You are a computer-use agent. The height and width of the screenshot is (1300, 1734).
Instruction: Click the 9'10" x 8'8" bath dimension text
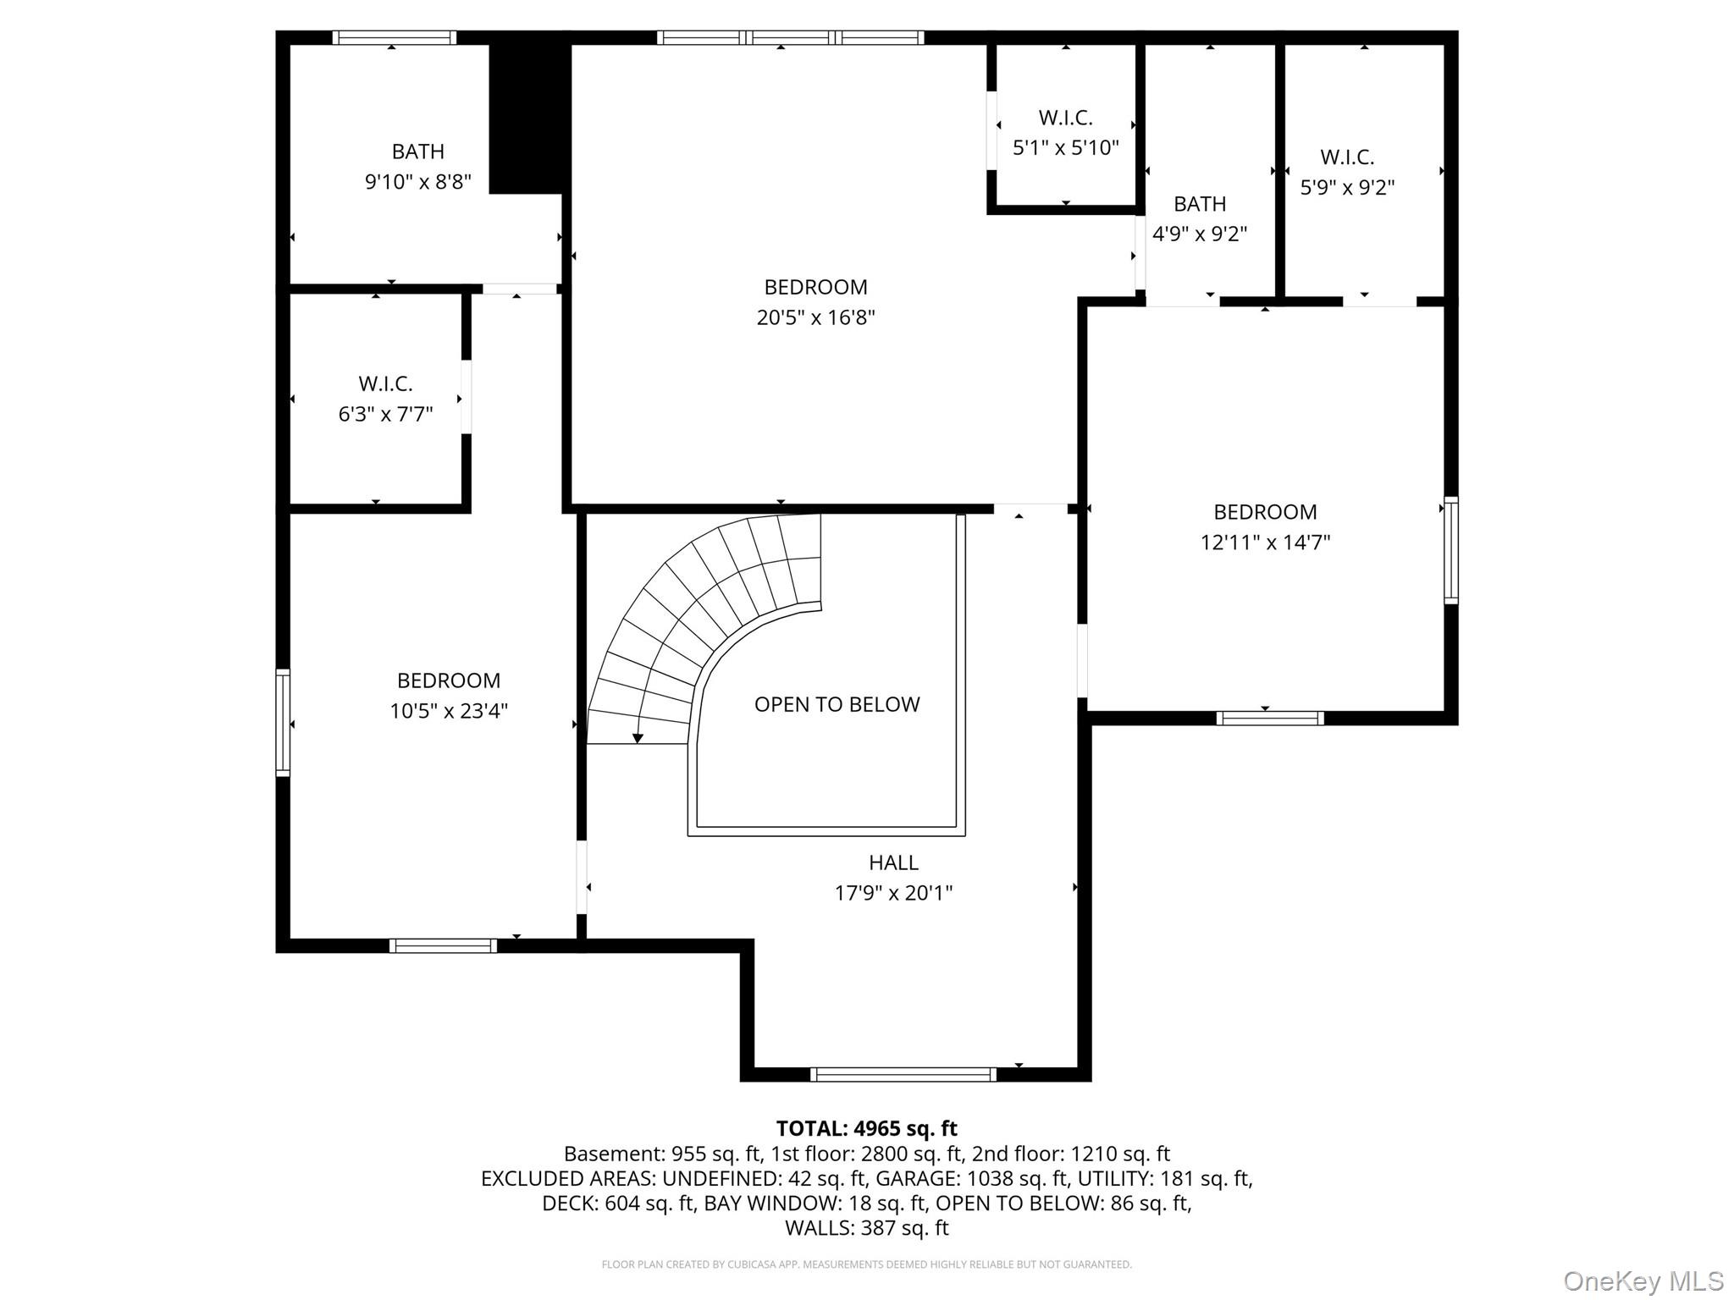(417, 182)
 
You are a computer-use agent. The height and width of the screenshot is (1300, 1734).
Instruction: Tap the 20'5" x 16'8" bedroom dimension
(815, 317)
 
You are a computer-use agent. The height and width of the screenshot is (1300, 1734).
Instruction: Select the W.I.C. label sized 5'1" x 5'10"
(1065, 118)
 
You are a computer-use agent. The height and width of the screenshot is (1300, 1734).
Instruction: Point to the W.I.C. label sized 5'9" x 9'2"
(1347, 157)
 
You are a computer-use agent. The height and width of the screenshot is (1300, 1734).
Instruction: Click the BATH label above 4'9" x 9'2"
(1200, 204)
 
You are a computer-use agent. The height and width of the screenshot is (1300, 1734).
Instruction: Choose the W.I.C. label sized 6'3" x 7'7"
(385, 384)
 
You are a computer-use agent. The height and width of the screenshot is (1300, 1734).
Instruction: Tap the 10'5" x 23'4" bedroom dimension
(449, 711)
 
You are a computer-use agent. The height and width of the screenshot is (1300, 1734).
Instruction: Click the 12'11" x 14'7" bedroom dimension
(1265, 543)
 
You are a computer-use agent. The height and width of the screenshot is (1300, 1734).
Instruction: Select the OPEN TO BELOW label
(837, 704)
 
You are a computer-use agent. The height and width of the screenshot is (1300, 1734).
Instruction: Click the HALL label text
(893, 862)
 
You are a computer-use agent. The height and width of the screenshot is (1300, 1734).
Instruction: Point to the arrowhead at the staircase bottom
(638, 739)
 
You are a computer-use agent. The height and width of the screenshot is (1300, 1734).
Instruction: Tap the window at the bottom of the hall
(903, 1075)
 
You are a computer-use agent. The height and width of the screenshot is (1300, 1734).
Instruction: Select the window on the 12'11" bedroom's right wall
(1451, 550)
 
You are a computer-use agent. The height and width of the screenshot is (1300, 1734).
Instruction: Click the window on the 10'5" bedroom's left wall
(283, 723)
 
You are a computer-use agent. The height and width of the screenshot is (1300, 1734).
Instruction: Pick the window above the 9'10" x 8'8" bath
(395, 37)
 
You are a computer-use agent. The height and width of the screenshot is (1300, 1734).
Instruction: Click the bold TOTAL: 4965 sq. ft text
(867, 1128)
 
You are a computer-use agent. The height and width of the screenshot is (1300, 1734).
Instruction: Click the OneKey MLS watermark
(1643, 1281)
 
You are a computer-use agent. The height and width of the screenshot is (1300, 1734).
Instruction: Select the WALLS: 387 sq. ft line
(867, 1227)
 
